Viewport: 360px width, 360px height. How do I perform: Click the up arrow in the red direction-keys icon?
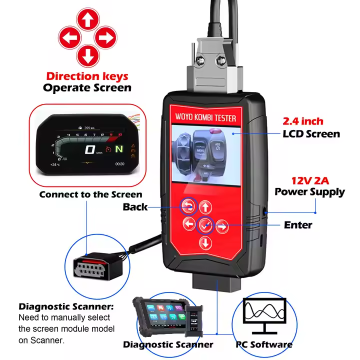pos(87,20)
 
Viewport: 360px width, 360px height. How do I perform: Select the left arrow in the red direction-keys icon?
pos(69,37)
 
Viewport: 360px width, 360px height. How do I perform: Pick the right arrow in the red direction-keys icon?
pos(105,37)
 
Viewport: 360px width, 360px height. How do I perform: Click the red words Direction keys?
pos(87,76)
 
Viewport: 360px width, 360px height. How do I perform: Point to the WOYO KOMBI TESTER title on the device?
pos(205,118)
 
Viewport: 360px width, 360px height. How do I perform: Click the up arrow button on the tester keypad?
pos(205,206)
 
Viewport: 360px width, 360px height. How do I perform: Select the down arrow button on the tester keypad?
pos(205,243)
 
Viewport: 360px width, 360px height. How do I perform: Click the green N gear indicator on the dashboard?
pos(119,149)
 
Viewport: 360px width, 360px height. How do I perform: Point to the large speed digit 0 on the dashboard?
pos(90,149)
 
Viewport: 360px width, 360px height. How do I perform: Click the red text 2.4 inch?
pos(303,121)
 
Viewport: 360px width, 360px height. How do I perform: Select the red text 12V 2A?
pos(309,179)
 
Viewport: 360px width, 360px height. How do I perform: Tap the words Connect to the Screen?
pos(91,194)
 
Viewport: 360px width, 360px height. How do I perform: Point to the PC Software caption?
pos(264,344)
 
